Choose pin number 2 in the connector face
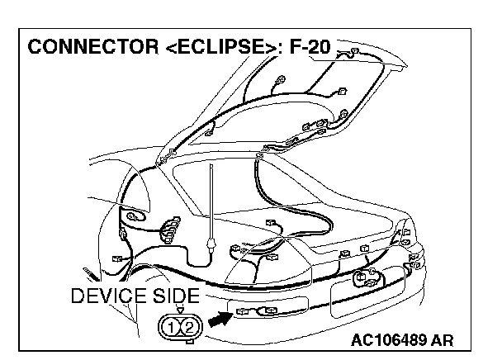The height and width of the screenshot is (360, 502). click(189, 328)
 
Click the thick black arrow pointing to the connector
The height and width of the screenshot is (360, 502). click(219, 316)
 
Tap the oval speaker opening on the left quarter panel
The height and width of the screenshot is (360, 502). click(131, 217)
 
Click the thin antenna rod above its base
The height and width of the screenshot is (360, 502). click(213, 198)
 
